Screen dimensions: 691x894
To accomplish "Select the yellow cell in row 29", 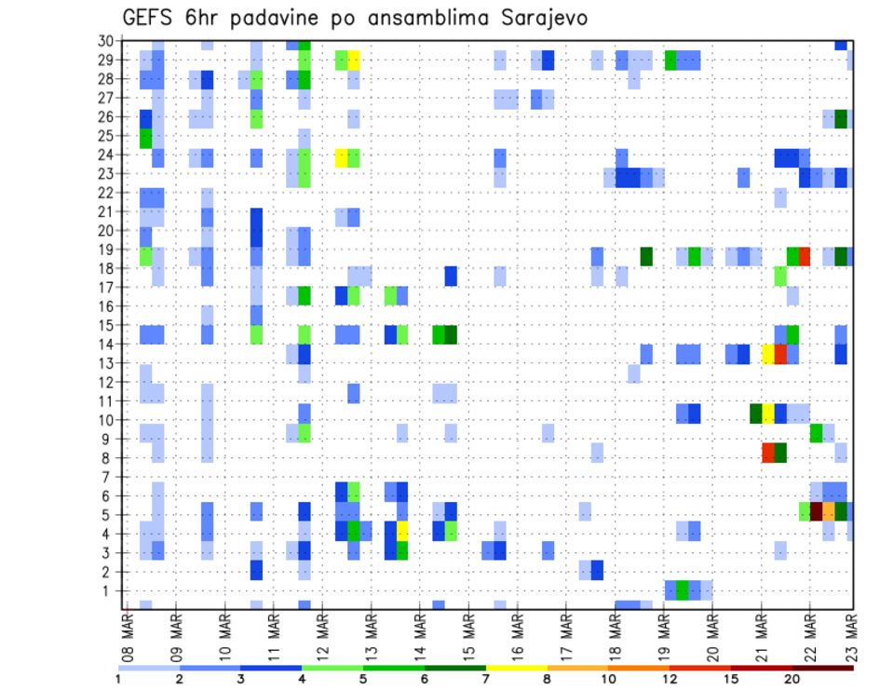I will click(354, 61).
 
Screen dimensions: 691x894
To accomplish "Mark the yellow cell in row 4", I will click(402, 530).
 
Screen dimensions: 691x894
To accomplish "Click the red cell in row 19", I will click(805, 255).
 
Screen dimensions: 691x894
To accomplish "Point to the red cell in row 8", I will click(768, 453).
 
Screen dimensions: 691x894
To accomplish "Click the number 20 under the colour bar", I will click(792, 678).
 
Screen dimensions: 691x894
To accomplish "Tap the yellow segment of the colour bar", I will click(516, 668).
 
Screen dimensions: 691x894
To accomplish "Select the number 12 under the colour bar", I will click(669, 678).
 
